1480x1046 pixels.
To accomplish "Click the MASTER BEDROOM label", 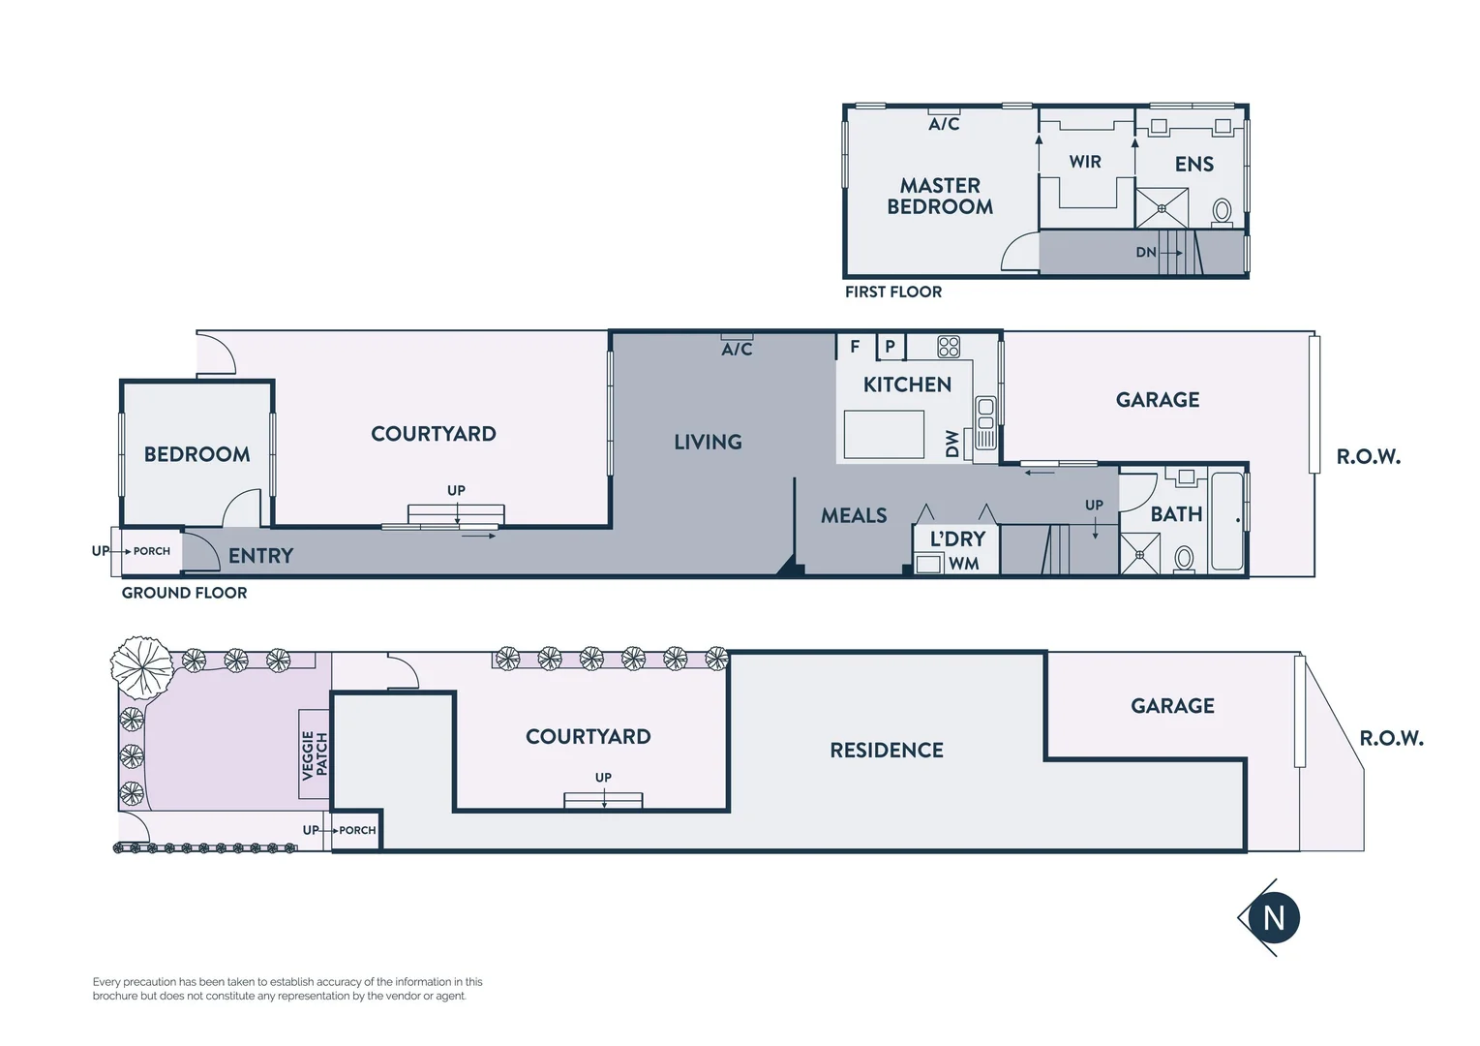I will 940,196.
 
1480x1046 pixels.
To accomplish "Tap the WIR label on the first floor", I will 1085,162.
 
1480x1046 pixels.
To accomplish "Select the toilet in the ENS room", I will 1223,210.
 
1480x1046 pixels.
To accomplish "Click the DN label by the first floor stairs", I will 1146,252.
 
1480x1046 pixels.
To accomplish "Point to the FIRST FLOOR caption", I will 892,292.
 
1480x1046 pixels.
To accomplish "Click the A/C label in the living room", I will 737,349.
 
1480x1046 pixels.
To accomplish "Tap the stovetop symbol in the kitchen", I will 949,346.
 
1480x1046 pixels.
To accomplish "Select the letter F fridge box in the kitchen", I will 855,346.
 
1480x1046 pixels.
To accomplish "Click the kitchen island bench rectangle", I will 884,434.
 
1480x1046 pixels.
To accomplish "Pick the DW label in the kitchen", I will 952,444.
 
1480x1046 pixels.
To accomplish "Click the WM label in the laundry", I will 963,564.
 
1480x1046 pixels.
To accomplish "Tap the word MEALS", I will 854,515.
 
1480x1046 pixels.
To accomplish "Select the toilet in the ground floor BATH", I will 1184,558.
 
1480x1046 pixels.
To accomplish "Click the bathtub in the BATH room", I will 1227,521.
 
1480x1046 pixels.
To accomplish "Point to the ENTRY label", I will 260,556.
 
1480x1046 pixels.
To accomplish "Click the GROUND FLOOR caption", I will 184,593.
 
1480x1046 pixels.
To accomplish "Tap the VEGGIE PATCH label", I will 315,754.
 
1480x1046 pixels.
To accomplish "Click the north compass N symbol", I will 1273,917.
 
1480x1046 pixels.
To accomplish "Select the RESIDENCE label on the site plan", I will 887,750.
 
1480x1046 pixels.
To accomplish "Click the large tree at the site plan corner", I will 141,665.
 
